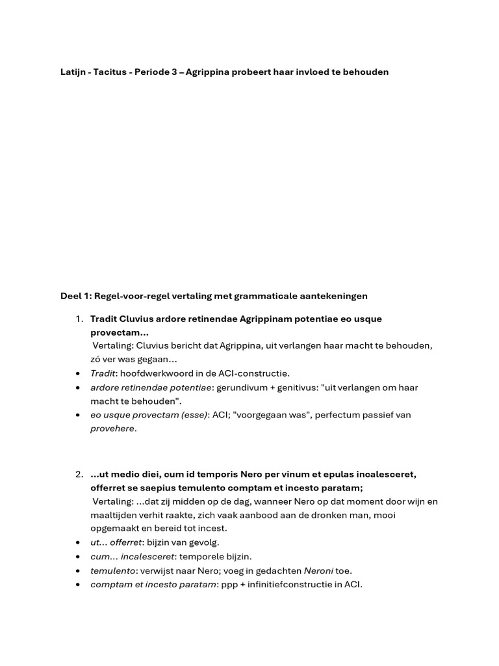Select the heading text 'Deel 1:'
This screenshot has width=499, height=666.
(x=76, y=296)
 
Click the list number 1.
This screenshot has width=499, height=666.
(x=78, y=319)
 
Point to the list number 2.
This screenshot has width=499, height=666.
(x=78, y=475)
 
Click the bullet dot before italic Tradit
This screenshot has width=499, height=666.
(x=78, y=374)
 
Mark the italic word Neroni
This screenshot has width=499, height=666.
(x=318, y=570)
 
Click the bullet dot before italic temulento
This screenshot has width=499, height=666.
(x=78, y=571)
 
